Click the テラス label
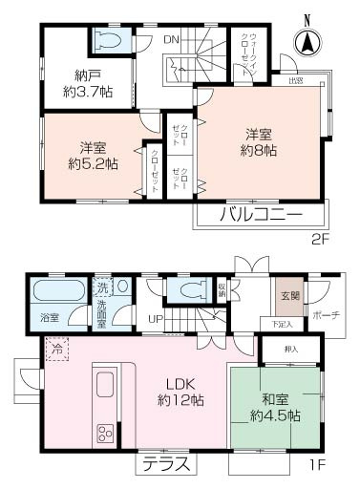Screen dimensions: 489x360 pos(167,465)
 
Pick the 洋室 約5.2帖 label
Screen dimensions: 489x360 pos(92,155)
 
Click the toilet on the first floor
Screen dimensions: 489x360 pos(181,288)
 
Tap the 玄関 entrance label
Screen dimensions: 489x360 pos(288,294)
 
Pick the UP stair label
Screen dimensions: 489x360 pos(153,320)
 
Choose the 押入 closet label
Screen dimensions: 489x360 pos(291,349)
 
